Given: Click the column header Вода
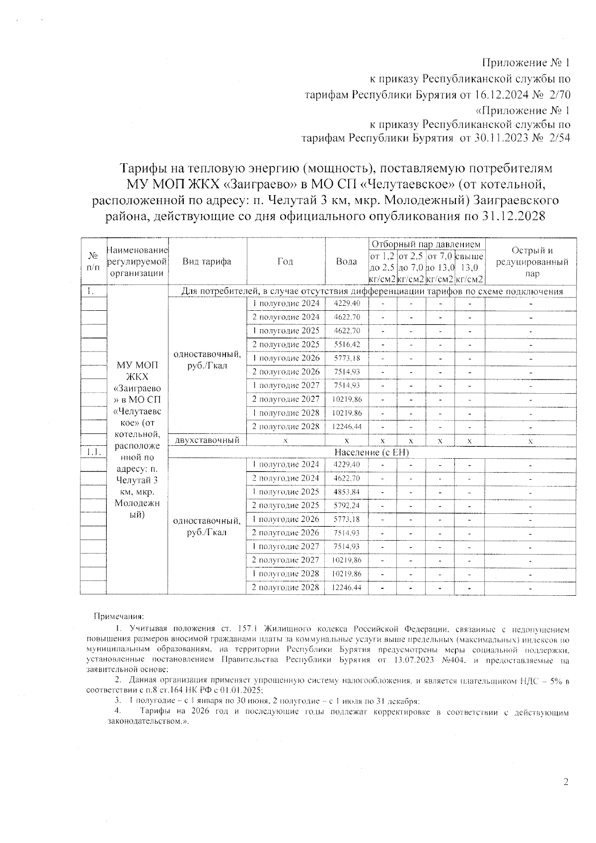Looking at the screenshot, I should tap(346, 261).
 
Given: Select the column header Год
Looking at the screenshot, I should tap(285, 261).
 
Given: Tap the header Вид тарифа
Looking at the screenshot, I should tap(207, 261).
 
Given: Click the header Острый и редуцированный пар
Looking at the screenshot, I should tap(532, 262).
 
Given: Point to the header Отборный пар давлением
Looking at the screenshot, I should tap(426, 244).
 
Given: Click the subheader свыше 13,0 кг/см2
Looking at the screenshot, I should tap(469, 268).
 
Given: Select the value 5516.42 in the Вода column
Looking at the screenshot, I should tap(347, 345).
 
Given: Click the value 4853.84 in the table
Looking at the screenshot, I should tap(347, 492).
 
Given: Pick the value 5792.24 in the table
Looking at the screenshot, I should tap(347, 506).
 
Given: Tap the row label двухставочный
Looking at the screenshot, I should tap(207, 440).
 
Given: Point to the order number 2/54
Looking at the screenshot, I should tap(557, 139).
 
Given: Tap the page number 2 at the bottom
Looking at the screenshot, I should tap(565, 782).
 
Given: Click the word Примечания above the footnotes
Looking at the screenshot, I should tap(119, 617).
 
